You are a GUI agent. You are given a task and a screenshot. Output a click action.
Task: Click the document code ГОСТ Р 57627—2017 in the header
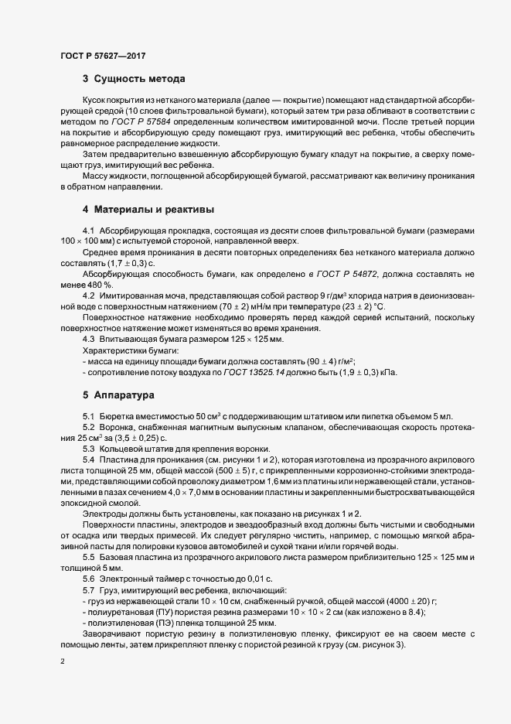click(102, 56)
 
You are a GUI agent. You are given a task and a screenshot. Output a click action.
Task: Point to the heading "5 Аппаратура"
click(119, 394)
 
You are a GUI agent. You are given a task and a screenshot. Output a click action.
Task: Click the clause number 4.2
click(88, 295)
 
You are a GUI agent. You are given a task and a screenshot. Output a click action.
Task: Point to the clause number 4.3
click(88, 340)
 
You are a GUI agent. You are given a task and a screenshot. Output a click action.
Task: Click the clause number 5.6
click(88, 579)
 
